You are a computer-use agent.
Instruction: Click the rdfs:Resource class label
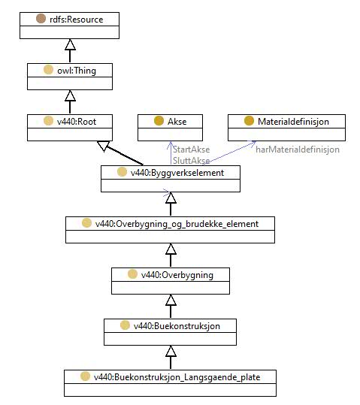pos(76,20)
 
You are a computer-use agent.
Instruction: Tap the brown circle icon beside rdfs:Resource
pos(41,19)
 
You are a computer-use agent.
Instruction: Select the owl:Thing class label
pos(77,71)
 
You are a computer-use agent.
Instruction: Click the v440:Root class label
pos(77,122)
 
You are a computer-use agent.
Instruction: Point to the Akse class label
pos(177,122)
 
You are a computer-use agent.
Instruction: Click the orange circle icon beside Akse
pos(159,121)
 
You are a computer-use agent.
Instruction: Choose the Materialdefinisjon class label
pos(293,122)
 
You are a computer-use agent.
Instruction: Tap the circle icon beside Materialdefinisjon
pos(249,121)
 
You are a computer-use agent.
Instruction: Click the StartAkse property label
pos(191,150)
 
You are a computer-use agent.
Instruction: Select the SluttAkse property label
pos(191,160)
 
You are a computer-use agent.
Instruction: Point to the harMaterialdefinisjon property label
pos(298,150)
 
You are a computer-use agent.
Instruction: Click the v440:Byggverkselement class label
pos(177,173)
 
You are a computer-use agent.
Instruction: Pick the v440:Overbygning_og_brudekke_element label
pos(177,224)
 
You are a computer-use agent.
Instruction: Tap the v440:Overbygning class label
pos(177,275)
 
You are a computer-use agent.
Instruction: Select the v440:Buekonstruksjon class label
pos(177,326)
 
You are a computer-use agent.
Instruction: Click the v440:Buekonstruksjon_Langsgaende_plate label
pos(177,377)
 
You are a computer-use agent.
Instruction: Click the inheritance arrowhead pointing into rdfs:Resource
pos(70,44)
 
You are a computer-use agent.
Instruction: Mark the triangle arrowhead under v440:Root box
pos(104,146)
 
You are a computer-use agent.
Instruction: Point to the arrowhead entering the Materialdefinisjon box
pos(252,144)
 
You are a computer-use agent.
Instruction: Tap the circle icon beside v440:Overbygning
pos(132,274)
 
